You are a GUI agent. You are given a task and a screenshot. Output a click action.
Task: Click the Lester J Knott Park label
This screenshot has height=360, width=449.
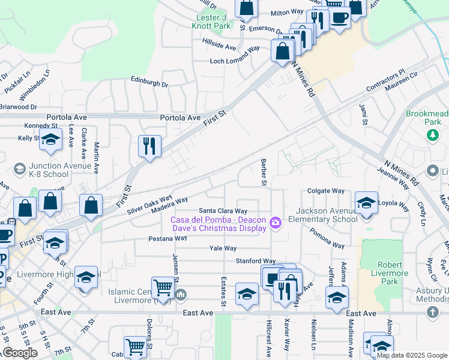(x=211, y=22)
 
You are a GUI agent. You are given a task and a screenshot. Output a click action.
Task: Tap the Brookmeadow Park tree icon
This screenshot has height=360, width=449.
(x=432, y=135)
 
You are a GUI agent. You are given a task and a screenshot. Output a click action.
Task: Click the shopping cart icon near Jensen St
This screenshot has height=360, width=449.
(x=162, y=287)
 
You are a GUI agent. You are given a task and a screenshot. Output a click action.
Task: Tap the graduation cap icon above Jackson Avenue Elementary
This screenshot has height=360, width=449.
(x=366, y=202)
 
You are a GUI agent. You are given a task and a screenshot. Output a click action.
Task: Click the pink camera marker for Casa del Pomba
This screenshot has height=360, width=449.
(x=276, y=223)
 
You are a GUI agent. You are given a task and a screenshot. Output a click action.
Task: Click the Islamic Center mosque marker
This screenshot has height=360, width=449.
(x=181, y=294)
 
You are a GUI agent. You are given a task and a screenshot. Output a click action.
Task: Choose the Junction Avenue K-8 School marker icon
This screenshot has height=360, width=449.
(x=19, y=167)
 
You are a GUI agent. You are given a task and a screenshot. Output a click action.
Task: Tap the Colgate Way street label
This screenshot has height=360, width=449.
(x=325, y=191)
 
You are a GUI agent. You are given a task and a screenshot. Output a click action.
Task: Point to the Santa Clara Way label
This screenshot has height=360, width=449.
(x=223, y=211)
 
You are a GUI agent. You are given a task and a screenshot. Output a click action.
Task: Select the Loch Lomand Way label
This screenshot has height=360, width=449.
(x=235, y=61)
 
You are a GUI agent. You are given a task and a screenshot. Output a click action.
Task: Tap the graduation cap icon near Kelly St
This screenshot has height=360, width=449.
(x=51, y=140)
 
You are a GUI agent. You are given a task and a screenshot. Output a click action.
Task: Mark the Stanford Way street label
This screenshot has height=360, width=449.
(x=255, y=261)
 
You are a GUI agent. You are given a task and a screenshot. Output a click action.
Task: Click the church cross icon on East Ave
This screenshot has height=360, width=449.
(x=432, y=313)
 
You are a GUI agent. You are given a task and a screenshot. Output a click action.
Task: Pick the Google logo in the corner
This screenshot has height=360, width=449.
(x=19, y=353)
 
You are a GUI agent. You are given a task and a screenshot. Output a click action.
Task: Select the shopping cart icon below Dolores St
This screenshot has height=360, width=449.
(x=135, y=347)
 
